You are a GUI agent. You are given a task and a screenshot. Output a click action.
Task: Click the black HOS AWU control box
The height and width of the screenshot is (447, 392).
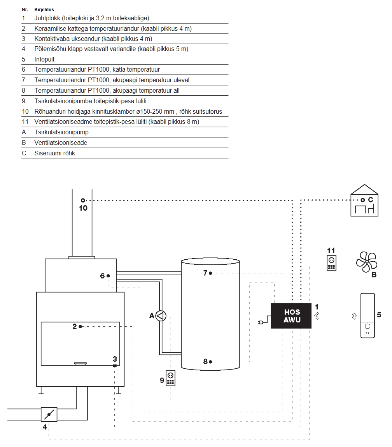(292, 316)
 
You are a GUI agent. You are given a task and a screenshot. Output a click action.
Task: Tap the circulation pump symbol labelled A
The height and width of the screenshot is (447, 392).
(161, 316)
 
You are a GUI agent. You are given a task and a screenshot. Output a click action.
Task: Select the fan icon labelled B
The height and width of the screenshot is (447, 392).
(366, 262)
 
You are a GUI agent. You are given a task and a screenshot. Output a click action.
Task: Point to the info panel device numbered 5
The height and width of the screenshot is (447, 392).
(367, 316)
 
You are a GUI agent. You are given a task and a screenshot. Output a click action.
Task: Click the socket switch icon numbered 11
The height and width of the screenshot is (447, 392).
(331, 263)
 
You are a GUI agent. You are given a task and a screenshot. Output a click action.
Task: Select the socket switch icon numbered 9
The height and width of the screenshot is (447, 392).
(170, 378)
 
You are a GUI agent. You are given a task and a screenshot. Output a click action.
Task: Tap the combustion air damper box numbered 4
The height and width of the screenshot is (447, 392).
(49, 414)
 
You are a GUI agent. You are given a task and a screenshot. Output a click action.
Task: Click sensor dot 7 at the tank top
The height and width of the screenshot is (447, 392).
(210, 273)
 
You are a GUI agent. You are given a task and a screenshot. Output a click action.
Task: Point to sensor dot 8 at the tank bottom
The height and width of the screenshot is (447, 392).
(210, 362)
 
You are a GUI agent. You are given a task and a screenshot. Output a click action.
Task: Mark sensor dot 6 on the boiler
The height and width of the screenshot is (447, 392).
(108, 276)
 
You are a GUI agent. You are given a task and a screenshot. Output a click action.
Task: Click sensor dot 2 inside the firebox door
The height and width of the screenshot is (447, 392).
(80, 327)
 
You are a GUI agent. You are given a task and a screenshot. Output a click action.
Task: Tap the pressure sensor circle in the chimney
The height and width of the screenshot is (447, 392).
(83, 201)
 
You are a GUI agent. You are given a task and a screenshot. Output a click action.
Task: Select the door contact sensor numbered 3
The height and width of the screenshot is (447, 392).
(114, 366)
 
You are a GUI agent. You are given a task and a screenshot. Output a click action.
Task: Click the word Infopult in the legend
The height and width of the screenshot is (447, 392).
(44, 60)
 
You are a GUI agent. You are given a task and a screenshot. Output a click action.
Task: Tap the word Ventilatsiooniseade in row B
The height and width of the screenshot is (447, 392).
(61, 143)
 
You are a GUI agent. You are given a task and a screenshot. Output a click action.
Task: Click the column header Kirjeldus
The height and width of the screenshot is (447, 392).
(44, 9)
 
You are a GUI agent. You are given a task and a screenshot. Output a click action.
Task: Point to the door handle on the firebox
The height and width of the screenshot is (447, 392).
(80, 364)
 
